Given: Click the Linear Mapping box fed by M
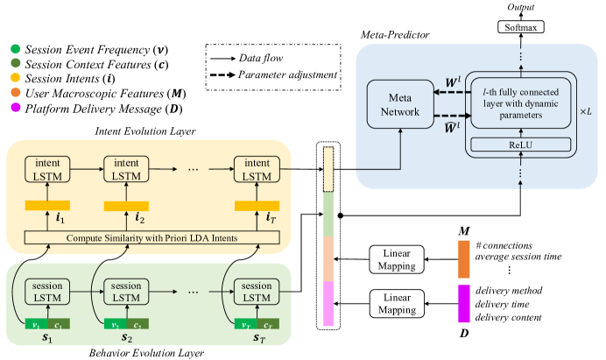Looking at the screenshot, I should [x=397, y=259].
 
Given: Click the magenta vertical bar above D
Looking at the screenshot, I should [x=464, y=304].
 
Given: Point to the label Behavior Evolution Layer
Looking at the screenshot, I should [x=147, y=352].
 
